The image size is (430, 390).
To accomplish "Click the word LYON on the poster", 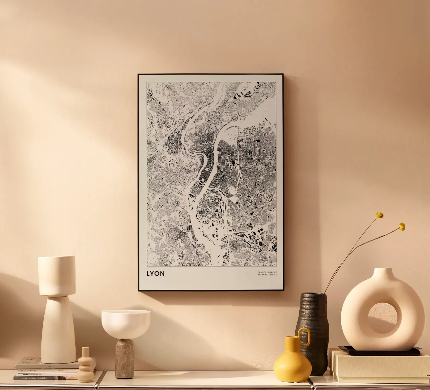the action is tap(156, 273).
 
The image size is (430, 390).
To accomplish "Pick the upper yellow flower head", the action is tap(379, 215).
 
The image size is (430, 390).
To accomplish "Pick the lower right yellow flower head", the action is tap(402, 227).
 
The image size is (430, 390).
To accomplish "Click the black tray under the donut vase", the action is tap(380, 351).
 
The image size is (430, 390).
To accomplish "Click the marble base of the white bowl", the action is tap(125, 358).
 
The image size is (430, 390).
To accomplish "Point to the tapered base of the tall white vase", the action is tap(58, 329).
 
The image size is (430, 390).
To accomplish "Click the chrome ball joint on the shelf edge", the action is tap(102, 373).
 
